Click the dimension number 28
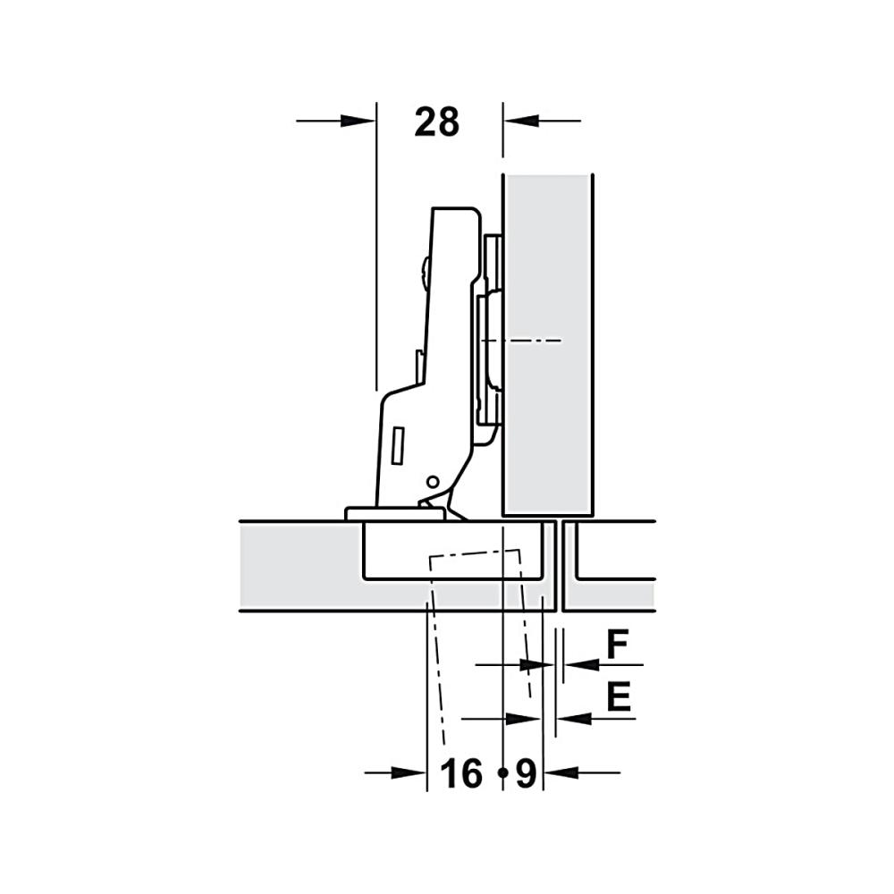437,122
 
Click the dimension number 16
461,773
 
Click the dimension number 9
527,773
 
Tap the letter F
617,645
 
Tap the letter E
619,696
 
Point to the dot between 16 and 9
502,773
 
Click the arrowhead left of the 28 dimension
358,121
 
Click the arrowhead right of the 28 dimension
521,121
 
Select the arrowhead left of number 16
409,773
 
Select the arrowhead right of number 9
561,773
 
